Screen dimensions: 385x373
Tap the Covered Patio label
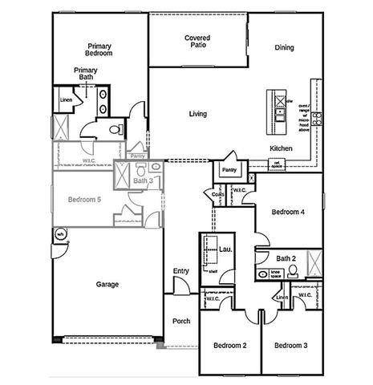197,42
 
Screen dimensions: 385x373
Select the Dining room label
283,47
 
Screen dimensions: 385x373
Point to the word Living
198,114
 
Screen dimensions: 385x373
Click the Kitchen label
281,148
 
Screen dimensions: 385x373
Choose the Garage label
107,284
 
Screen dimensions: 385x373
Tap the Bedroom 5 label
84,199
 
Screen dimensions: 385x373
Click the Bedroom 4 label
288,213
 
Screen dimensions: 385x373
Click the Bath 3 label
143,181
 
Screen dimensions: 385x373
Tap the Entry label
181,270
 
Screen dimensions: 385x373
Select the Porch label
181,321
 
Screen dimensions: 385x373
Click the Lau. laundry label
225,250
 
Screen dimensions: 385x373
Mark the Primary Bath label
86,74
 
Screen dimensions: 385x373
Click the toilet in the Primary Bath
115,128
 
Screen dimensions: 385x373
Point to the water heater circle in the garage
60,234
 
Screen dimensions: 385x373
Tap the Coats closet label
218,194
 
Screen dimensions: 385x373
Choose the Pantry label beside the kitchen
229,171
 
